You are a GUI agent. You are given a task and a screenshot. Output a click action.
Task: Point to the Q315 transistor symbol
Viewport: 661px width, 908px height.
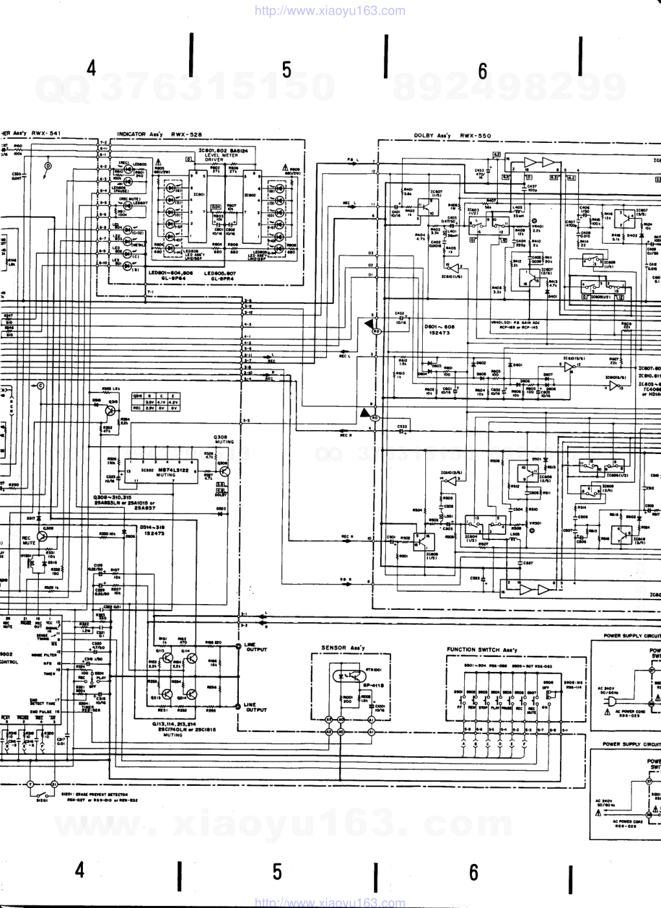point(111,409)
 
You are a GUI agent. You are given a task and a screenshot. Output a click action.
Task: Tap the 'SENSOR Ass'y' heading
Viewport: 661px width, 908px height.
point(343,647)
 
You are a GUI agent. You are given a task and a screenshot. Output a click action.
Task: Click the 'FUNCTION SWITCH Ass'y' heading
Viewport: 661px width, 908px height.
point(482,649)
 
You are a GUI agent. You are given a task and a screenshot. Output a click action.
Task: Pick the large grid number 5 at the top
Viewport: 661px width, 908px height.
point(287,70)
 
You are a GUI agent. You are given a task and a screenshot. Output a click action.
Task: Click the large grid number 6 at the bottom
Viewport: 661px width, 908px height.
point(474,872)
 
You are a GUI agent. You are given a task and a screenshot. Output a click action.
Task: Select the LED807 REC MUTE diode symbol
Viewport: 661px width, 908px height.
point(128,204)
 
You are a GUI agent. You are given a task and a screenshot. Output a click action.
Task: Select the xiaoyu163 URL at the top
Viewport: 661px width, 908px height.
point(330,10)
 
